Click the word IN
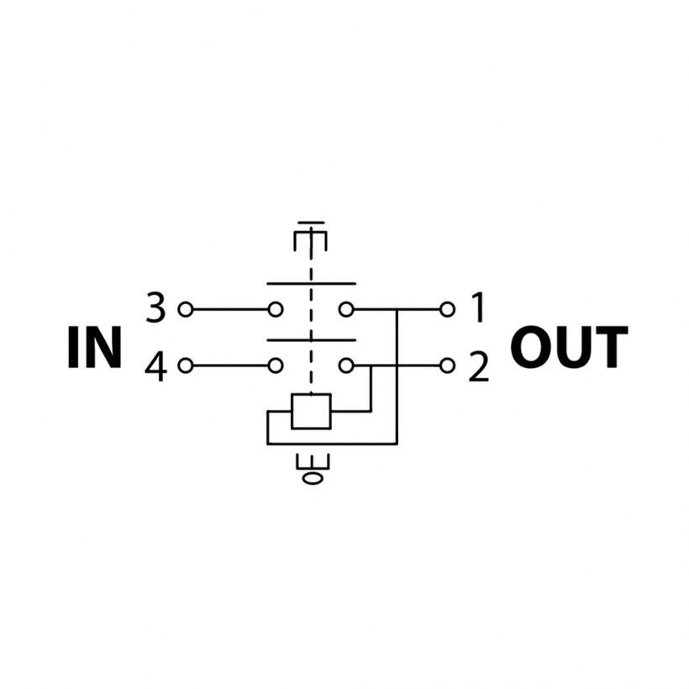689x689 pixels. pyautogui.click(x=94, y=348)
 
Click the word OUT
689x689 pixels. pyautogui.click(x=569, y=348)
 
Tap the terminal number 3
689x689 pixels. pyautogui.click(x=155, y=309)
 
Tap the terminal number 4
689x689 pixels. pyautogui.click(x=155, y=366)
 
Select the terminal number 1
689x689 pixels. pyautogui.click(x=478, y=309)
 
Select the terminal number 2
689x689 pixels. pyautogui.click(x=478, y=366)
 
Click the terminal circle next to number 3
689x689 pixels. pyautogui.click(x=185, y=309)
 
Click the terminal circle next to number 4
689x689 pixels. pyautogui.click(x=185, y=366)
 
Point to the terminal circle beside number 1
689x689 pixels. pyautogui.click(x=448, y=309)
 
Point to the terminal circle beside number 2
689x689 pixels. pyautogui.click(x=448, y=366)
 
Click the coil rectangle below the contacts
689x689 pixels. pyautogui.click(x=311, y=411)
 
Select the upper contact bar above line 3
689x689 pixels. pyautogui.click(x=311, y=282)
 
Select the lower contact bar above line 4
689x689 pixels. pyautogui.click(x=311, y=340)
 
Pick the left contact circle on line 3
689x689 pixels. pyautogui.click(x=275, y=309)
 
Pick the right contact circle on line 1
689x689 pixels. pyautogui.click(x=345, y=309)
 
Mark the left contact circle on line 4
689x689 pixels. pyautogui.click(x=275, y=366)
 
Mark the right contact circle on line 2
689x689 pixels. pyautogui.click(x=345, y=366)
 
